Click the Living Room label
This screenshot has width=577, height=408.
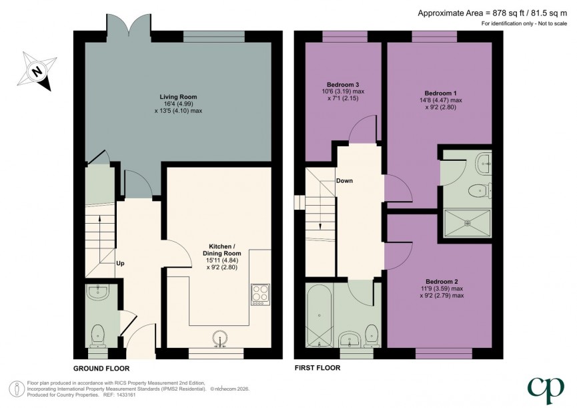[177, 96]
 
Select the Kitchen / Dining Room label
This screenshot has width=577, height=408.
[221, 253]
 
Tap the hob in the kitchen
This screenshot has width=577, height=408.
[259, 294]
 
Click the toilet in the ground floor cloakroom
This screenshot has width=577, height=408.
[99, 332]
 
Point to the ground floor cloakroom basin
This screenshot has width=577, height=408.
[99, 292]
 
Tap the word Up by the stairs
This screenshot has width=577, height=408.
[121, 263]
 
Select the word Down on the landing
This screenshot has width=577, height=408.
[345, 181]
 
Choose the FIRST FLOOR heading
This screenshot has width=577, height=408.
[318, 368]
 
